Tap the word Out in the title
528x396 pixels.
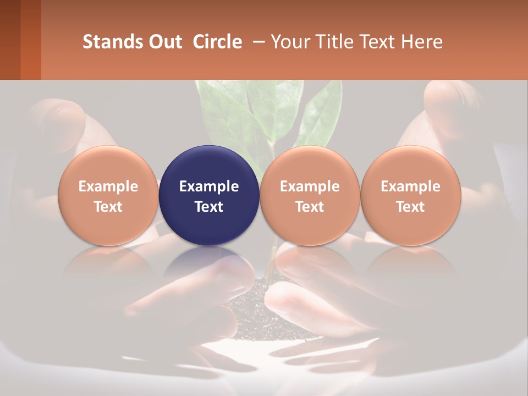pos(164,42)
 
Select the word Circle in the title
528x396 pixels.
pos(217,42)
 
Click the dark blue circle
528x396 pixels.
pos(209,196)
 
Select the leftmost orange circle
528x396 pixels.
pos(108,196)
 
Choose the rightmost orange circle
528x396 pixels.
pos(411,196)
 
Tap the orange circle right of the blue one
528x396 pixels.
pos(310,196)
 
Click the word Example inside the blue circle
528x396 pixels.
pos(209,186)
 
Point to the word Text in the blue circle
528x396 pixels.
pos(209,207)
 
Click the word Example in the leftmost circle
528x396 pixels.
pos(108,186)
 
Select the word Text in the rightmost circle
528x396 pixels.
pos(411,207)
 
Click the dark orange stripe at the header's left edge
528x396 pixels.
pos(31,40)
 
